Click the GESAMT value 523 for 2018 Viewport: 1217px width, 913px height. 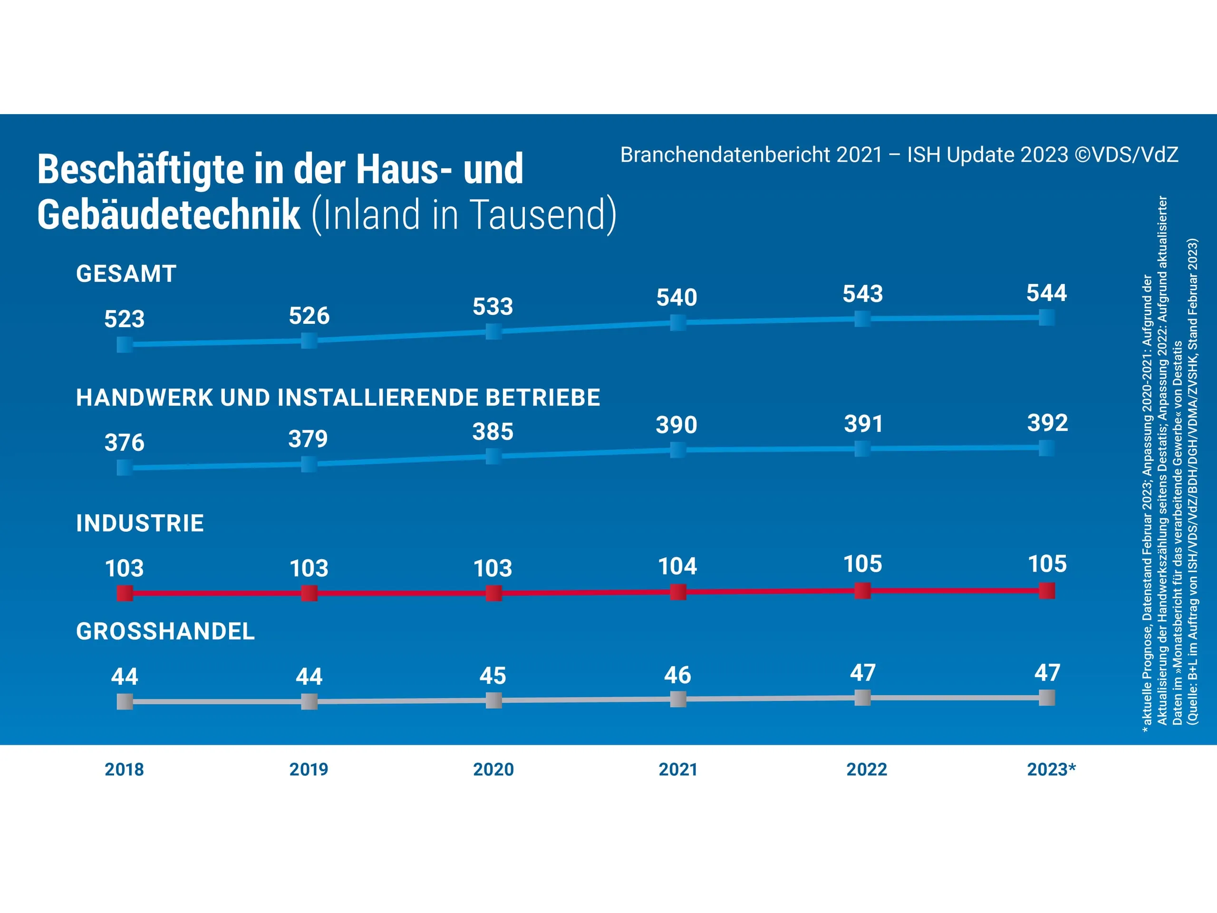pyautogui.click(x=125, y=319)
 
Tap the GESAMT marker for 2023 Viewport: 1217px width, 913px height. pyautogui.click(x=1046, y=318)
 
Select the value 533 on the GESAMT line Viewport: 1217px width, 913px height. pyautogui.click(x=493, y=307)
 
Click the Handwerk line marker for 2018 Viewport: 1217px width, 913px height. pyautogui.click(x=125, y=468)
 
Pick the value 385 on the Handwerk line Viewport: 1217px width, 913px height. pyautogui.click(x=493, y=432)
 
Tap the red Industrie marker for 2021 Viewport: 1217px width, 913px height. pyautogui.click(x=678, y=592)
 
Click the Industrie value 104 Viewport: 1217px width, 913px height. pyautogui.click(x=678, y=566)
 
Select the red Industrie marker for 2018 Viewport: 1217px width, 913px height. pyautogui.click(x=125, y=593)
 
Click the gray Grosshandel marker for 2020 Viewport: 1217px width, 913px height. pyautogui.click(x=493, y=700)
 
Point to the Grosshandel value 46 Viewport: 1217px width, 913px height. pyautogui.click(x=677, y=675)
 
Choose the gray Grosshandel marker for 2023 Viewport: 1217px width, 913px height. pyautogui.click(x=1046, y=698)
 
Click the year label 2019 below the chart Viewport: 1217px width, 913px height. pyautogui.click(x=309, y=769)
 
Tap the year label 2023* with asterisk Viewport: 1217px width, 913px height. pyautogui.click(x=1051, y=769)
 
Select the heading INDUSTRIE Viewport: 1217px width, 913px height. pyautogui.click(x=140, y=524)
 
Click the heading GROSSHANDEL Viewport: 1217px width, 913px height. pyautogui.click(x=165, y=631)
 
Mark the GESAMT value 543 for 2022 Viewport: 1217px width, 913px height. pyautogui.click(x=863, y=294)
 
